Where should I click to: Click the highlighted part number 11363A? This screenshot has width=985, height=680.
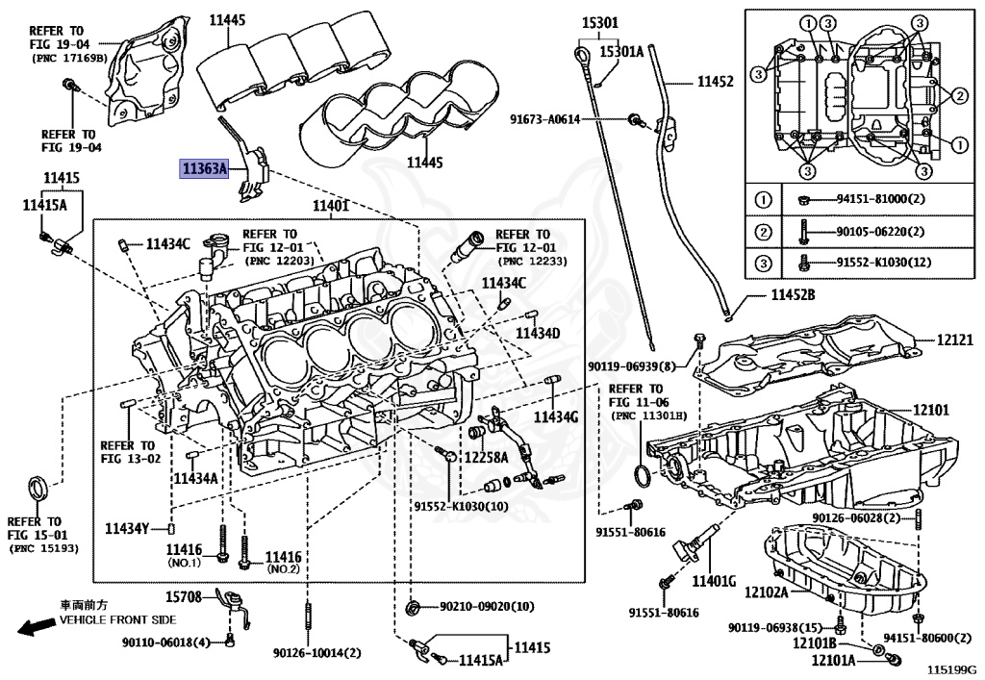(x=205, y=169)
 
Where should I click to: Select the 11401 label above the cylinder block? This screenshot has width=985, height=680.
(x=331, y=207)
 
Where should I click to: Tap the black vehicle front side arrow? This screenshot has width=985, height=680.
(x=36, y=626)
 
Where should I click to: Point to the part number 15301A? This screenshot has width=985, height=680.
(x=621, y=52)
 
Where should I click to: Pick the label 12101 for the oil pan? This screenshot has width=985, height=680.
(x=929, y=409)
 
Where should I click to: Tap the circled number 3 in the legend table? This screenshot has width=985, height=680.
(x=763, y=263)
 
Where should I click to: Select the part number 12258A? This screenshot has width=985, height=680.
(x=486, y=457)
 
